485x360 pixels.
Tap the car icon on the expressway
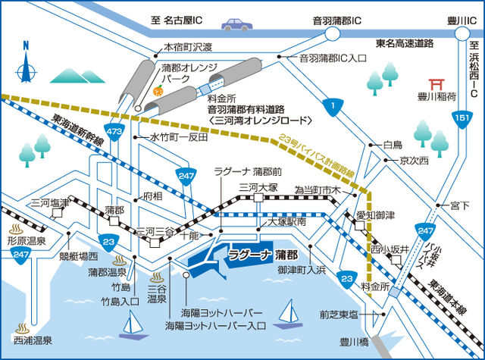tap(236, 24)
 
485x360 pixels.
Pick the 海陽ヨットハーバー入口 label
tap(215, 326)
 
